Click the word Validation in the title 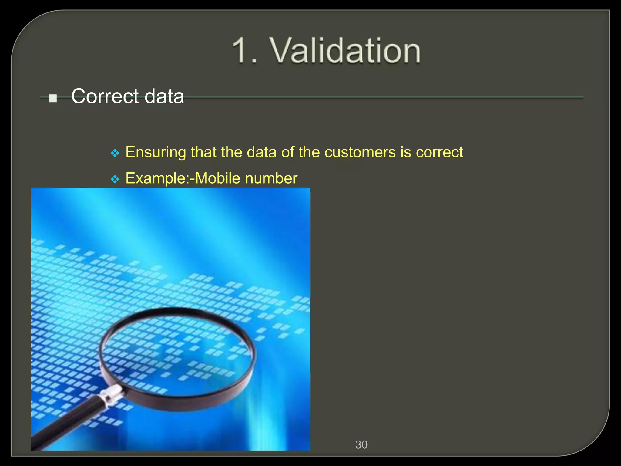(345, 50)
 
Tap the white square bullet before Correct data (53, 98)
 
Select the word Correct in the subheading (105, 96)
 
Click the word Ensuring (156, 152)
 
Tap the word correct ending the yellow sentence (439, 152)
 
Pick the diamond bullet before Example (115, 179)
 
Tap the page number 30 (361, 445)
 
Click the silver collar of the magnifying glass (111, 394)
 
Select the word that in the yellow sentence (203, 152)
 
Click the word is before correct (406, 152)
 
